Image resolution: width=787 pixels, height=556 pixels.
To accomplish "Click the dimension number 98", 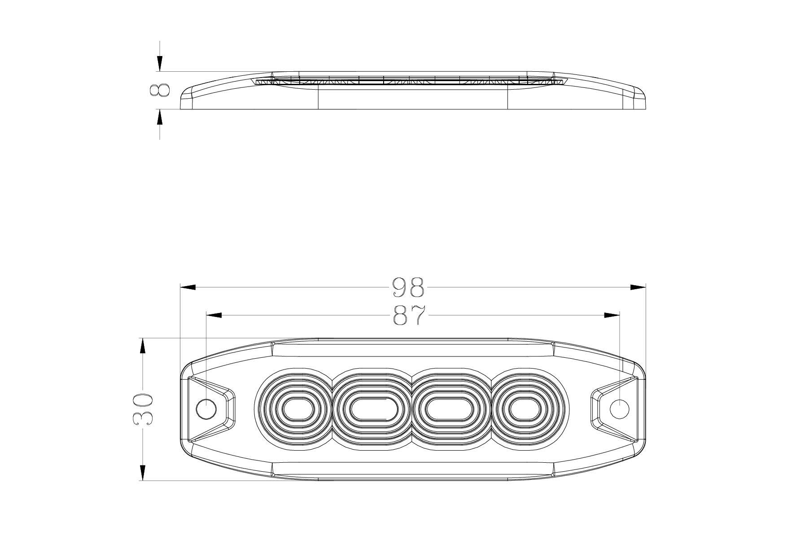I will click(x=408, y=287).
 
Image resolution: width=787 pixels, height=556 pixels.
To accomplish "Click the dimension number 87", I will click(x=409, y=316).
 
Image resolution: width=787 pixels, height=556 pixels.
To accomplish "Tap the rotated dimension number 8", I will click(x=160, y=90).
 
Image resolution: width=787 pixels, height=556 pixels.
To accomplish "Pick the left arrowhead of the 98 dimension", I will click(x=188, y=287).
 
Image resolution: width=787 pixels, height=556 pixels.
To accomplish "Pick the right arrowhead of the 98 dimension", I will click(x=638, y=287).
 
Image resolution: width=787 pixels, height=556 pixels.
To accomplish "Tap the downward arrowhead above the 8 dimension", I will click(x=160, y=63).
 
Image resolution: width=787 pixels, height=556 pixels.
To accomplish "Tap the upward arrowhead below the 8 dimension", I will click(x=160, y=117).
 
